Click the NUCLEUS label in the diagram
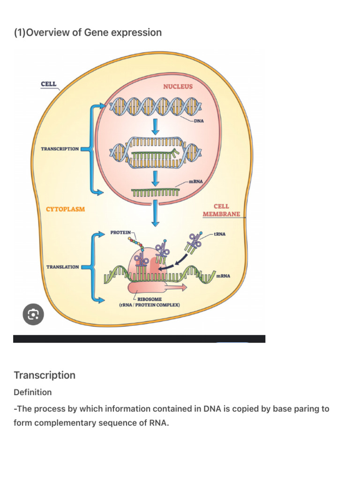click(178, 87)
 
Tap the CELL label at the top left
click(49, 84)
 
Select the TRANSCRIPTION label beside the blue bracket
click(60, 149)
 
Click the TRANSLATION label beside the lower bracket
click(62, 267)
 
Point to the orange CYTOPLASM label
click(65, 209)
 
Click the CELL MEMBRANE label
click(221, 210)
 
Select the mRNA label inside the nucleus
click(195, 181)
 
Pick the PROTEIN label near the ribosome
click(120, 232)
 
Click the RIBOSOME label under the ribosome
click(150, 299)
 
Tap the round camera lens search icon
click(33, 315)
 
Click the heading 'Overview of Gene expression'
click(88, 32)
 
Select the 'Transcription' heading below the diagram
click(45, 375)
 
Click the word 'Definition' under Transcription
click(32, 392)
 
